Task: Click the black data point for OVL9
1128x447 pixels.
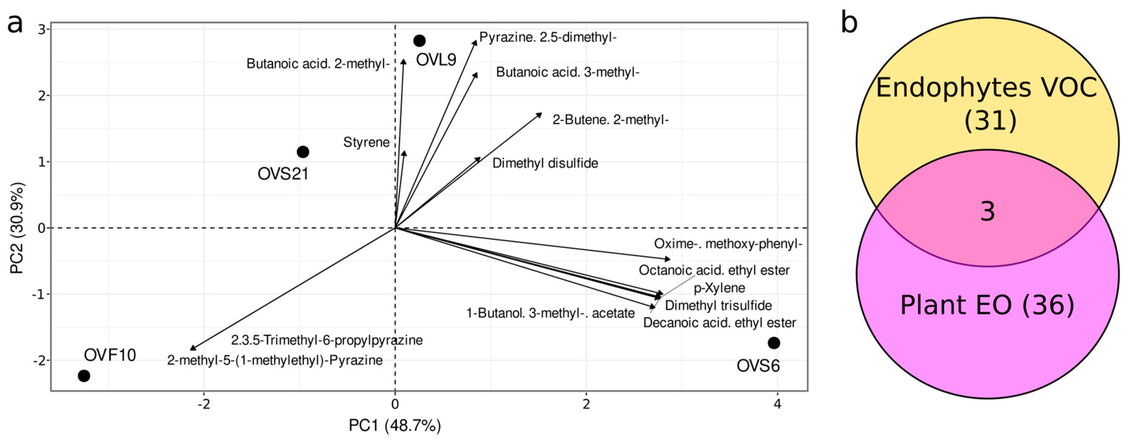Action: [419, 41]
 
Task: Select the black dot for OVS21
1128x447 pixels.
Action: [303, 152]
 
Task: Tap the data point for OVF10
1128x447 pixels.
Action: [84, 375]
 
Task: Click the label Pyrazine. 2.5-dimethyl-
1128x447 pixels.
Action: [547, 37]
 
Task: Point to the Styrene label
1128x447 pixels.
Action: [366, 142]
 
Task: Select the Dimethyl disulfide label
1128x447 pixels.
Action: [545, 163]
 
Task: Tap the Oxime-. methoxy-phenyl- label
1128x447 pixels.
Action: [728, 244]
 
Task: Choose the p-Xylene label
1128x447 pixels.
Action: [719, 288]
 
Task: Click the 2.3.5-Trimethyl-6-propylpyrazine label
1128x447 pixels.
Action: [327, 340]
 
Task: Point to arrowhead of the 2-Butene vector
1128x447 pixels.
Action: [540, 114]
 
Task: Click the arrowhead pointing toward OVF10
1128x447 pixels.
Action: [193, 348]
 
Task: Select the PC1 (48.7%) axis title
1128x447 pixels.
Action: [394, 425]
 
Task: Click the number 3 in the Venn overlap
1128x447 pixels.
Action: [987, 212]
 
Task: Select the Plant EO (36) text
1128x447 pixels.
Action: [987, 305]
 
